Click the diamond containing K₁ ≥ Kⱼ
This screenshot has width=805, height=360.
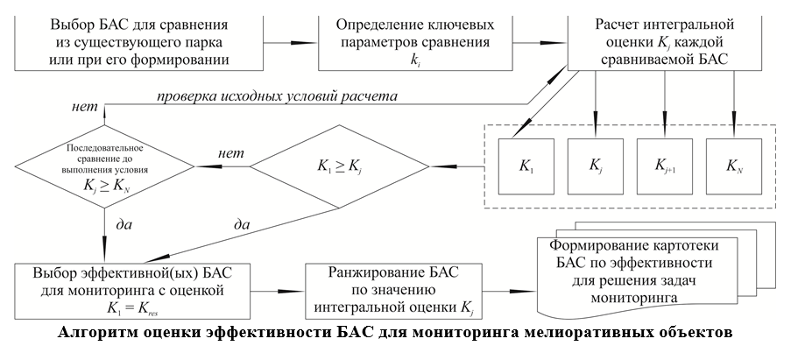point(340,163)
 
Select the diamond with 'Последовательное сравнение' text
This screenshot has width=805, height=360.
point(105,163)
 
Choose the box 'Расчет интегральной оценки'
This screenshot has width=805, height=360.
point(666,39)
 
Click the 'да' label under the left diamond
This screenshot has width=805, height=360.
point(124,225)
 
